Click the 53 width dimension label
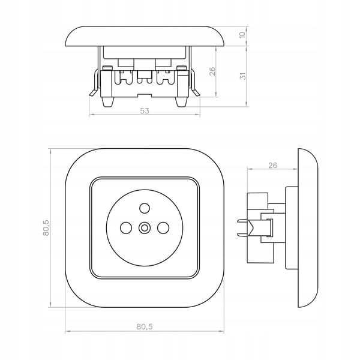pos(145,111)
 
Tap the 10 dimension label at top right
pos(242,35)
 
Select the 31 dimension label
pos(242,76)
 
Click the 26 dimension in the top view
pos(212,71)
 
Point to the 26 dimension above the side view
pos(272,165)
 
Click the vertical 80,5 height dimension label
pos(46,227)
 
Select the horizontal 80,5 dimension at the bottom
pos(145,326)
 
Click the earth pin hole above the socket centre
pos(145,208)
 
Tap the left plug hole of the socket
pos(126,227)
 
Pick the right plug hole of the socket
pos(163,227)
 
